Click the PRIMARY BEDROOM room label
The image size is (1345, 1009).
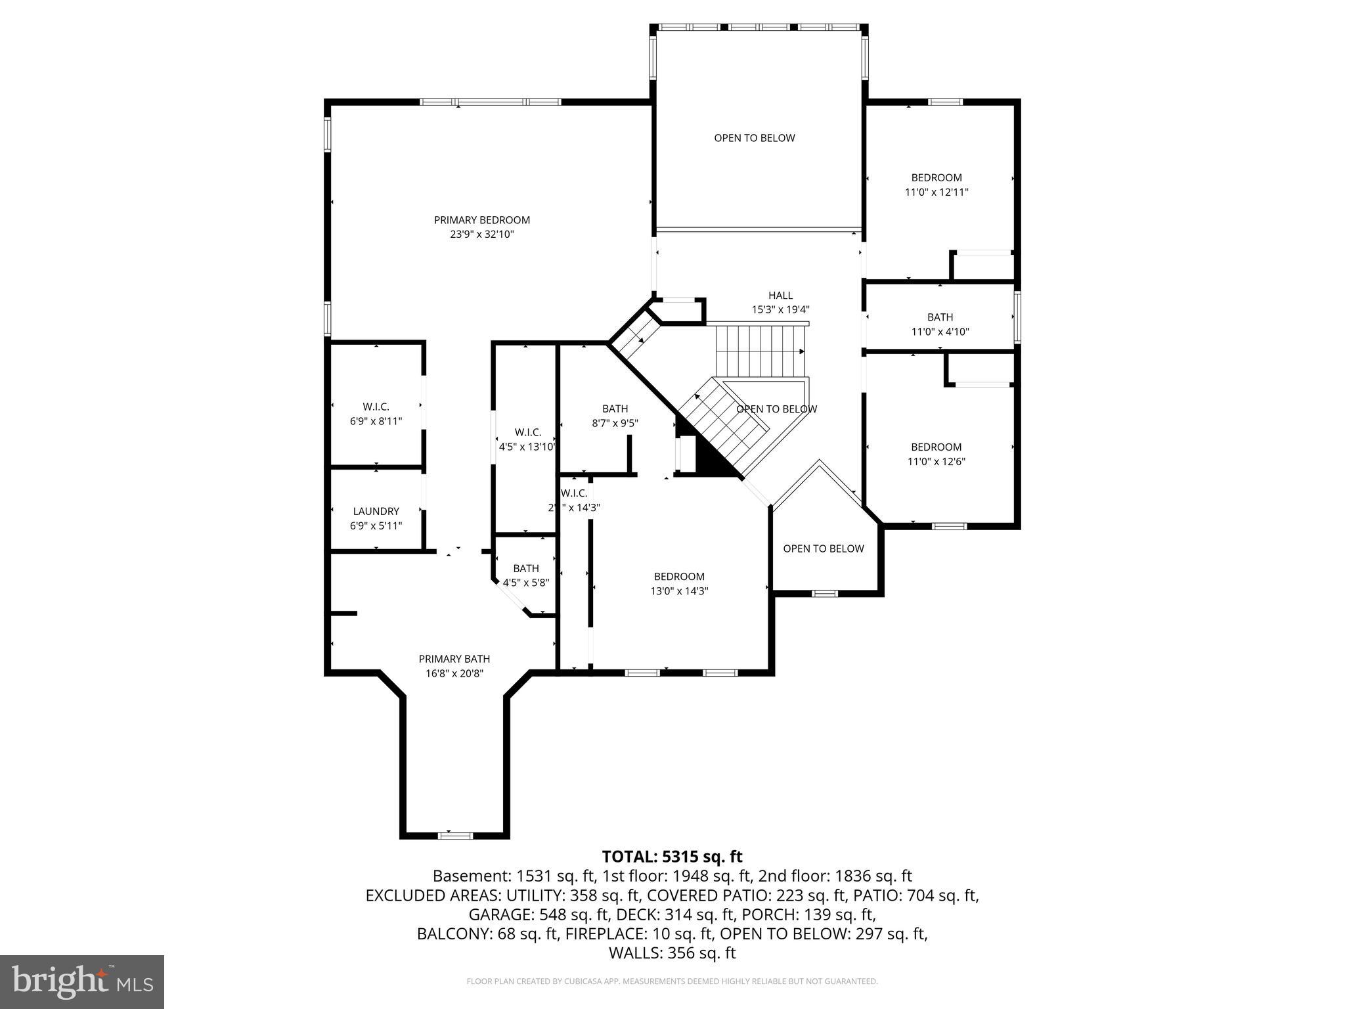[481, 220]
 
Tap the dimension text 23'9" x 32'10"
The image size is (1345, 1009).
[481, 235]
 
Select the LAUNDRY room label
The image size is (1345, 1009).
[376, 511]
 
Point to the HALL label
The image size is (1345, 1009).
[780, 296]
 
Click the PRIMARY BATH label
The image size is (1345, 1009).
[454, 659]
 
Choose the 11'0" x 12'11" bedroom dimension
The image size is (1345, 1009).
[937, 192]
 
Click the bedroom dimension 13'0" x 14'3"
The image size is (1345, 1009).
[679, 591]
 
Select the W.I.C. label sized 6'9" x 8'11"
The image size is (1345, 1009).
[376, 407]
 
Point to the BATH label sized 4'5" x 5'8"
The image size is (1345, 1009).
[526, 568]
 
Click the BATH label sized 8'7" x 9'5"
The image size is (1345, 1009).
[615, 409]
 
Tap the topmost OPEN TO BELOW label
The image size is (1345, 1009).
[755, 138]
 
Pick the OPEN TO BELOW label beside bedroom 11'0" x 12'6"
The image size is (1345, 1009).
[824, 549]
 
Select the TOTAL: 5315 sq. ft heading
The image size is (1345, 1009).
[672, 857]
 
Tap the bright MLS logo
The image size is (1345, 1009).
[82, 981]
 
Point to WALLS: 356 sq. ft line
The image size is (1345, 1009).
[672, 953]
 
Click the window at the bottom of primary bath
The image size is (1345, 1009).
[455, 836]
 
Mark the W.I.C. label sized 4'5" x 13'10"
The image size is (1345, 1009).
[527, 432]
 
